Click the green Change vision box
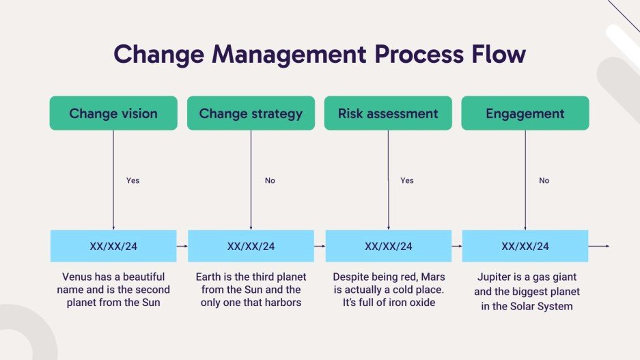pos(113,113)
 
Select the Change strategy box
pos(251,113)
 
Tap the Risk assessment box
pos(388,113)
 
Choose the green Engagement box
pos(525,113)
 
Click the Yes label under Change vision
pos(133,181)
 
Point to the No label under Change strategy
pos(270,181)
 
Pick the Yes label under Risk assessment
pos(407,181)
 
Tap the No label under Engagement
pos(544,181)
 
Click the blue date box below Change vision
pos(113,246)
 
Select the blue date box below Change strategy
pos(251,246)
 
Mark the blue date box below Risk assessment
pos(388,246)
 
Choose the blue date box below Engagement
pos(525,246)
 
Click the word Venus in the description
pos(76,277)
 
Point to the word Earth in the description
pos(210,277)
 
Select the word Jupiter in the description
pos(493,277)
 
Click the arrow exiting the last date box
pos(599,246)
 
